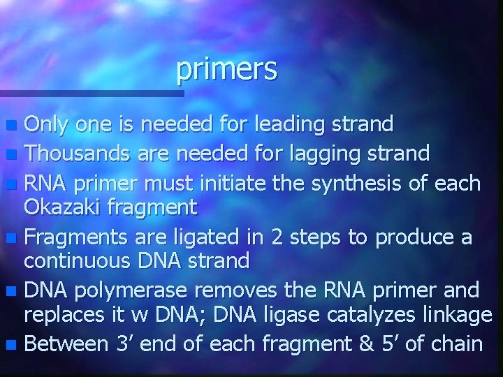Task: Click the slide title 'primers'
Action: pos(227,68)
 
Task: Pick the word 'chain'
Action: pos(455,343)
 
